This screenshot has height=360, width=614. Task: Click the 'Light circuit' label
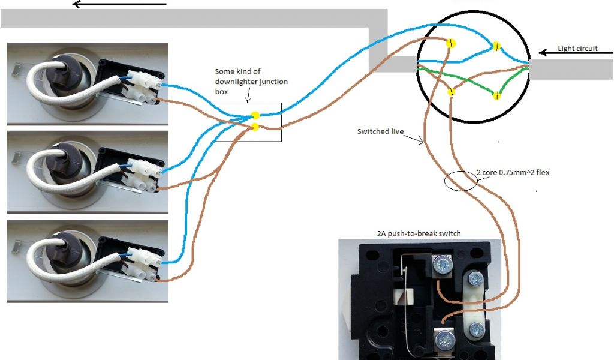coord(577,49)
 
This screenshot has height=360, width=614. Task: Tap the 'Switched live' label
coord(380,131)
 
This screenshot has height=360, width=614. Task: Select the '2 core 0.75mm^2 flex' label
coord(513,173)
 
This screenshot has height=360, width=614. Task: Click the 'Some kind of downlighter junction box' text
coord(237,82)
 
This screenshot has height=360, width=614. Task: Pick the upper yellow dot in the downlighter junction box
coord(255,115)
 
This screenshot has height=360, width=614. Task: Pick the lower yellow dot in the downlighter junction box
coord(255,126)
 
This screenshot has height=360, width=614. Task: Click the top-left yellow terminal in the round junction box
coord(451,43)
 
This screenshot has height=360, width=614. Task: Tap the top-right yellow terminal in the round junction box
coord(496,46)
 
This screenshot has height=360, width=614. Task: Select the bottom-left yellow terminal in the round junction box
coord(451,91)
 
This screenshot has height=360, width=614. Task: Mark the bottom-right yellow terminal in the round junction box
coord(496,95)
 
